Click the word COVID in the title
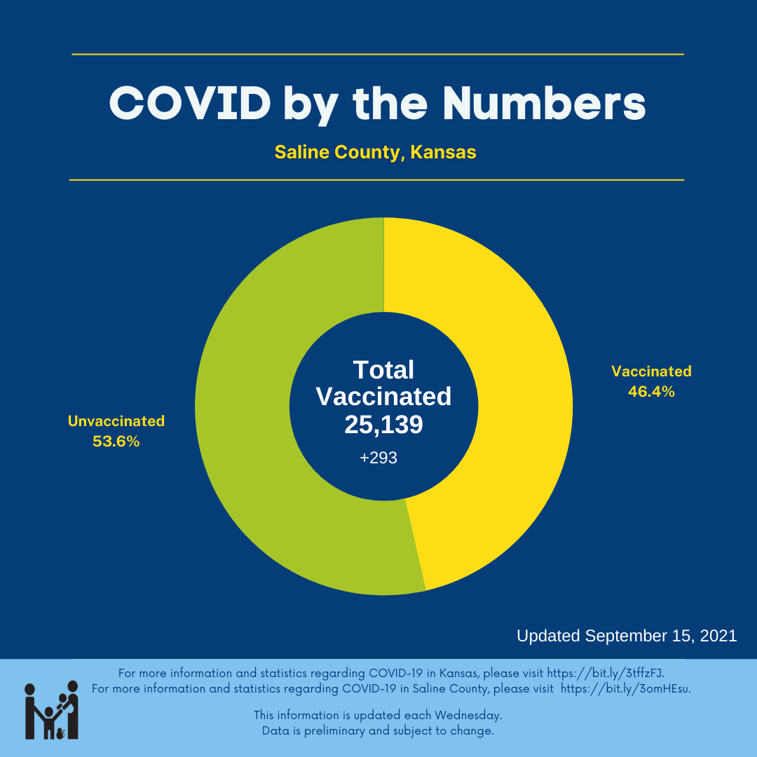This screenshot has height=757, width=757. click(x=190, y=103)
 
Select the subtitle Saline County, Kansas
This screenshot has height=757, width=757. click(x=375, y=152)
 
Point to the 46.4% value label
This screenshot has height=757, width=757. click(x=651, y=392)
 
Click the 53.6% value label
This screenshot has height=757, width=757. click(x=116, y=442)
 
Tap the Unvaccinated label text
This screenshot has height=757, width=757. click(x=116, y=421)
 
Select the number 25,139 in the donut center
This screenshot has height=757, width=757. click(x=383, y=425)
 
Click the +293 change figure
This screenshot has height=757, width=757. click(x=378, y=458)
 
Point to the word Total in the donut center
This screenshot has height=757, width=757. click(x=383, y=370)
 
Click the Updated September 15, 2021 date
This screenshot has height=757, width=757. click(x=627, y=636)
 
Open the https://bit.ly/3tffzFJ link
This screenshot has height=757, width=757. click(x=605, y=674)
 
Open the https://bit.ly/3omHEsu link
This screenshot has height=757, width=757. click(x=625, y=689)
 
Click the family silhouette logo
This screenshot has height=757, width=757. click(x=51, y=710)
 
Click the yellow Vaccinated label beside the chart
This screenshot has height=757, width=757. click(x=651, y=371)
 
